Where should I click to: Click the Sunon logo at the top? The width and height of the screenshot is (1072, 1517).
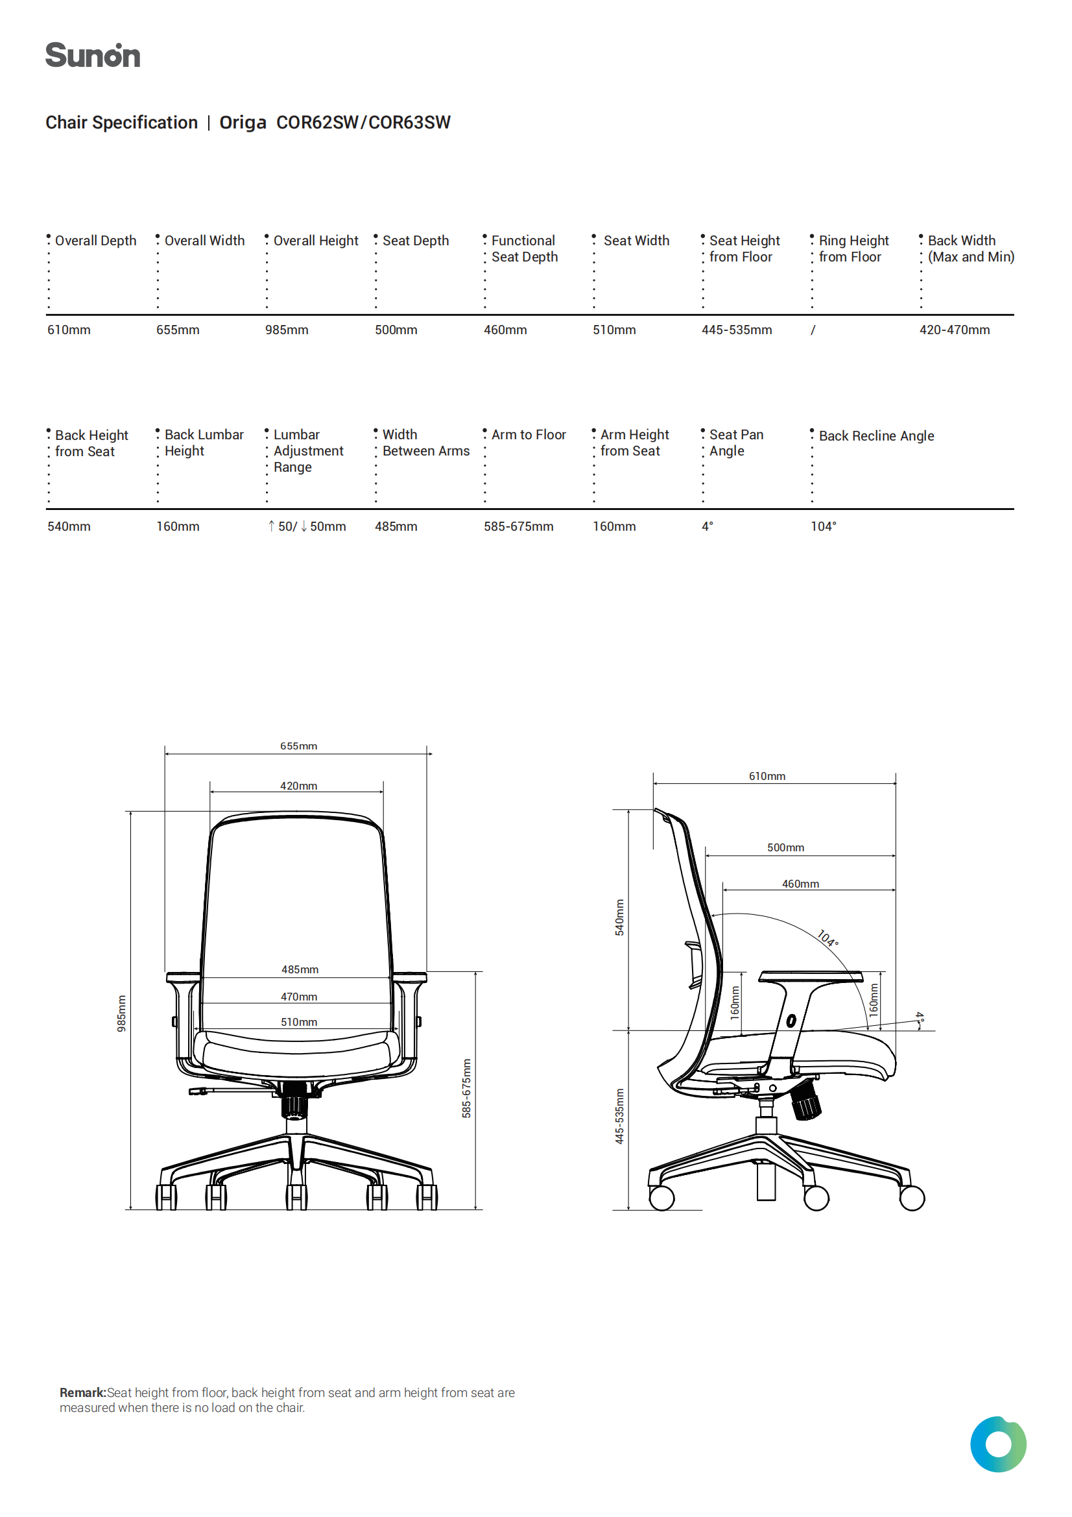point(93,56)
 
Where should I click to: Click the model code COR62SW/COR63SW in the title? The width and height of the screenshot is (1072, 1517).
point(363,123)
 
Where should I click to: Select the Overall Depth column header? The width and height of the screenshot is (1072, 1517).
point(96,241)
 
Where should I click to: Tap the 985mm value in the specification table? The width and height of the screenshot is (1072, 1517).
point(287,330)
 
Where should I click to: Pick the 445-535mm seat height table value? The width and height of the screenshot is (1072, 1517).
point(737,330)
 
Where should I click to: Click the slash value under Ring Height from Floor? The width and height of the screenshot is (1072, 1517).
point(813,330)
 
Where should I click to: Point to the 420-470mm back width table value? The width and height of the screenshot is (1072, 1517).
point(955,330)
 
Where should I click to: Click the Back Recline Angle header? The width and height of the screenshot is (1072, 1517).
point(877,436)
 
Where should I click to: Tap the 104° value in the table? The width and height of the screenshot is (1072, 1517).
point(823,527)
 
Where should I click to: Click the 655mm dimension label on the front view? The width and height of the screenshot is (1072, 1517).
point(298,746)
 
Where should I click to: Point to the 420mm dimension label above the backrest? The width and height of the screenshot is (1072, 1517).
point(298,786)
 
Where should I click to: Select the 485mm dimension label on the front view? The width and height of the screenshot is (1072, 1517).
point(300,969)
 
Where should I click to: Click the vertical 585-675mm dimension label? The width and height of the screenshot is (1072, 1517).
point(466,1088)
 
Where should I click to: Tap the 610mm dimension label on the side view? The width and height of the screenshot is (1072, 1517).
point(767,775)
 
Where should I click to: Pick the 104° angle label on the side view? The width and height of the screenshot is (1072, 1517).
point(828,938)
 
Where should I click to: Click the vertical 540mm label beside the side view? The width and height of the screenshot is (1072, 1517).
point(619,917)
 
